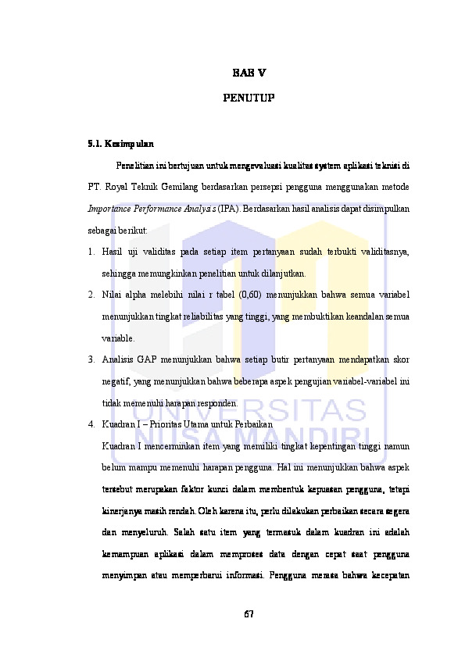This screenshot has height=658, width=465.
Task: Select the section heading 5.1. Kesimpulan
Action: click(x=120, y=144)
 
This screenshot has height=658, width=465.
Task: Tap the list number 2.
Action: click(x=91, y=295)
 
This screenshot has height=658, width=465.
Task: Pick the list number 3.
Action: click(x=91, y=360)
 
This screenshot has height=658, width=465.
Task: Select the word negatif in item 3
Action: click(x=116, y=382)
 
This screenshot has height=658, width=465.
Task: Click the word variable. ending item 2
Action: click(x=118, y=339)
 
